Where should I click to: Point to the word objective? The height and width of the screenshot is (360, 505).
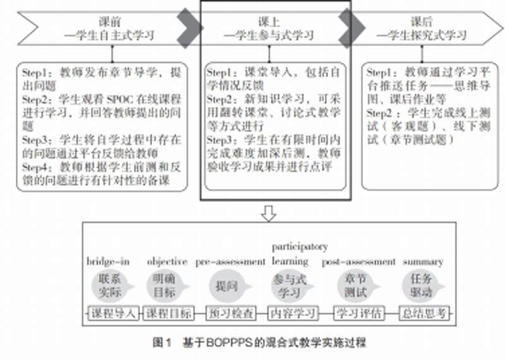click(x=167, y=261)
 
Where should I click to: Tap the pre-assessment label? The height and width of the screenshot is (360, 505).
click(x=230, y=261)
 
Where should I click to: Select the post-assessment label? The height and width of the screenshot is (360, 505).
click(x=359, y=261)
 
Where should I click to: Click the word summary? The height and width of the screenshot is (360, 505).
click(x=423, y=261)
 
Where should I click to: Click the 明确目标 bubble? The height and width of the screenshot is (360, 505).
click(x=165, y=286)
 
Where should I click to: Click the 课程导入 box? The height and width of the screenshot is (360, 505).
click(x=113, y=313)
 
